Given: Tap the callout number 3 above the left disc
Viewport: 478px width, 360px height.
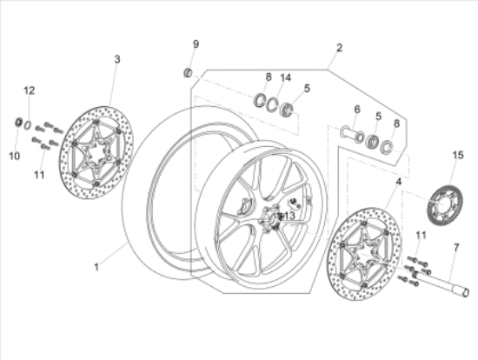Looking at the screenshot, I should [116, 59].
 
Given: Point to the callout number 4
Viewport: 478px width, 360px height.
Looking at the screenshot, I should [399, 183].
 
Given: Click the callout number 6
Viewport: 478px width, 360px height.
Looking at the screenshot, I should [356, 110].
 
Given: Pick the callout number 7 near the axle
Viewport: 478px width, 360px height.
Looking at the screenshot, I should [454, 247].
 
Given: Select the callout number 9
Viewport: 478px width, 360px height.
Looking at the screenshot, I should [196, 43].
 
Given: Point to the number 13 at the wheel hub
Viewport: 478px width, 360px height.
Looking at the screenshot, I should [289, 215].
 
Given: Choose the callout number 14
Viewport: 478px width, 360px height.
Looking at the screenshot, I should [286, 77].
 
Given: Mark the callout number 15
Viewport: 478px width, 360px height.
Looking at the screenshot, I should [458, 155].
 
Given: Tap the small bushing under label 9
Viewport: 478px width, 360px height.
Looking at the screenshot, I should [187, 69].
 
